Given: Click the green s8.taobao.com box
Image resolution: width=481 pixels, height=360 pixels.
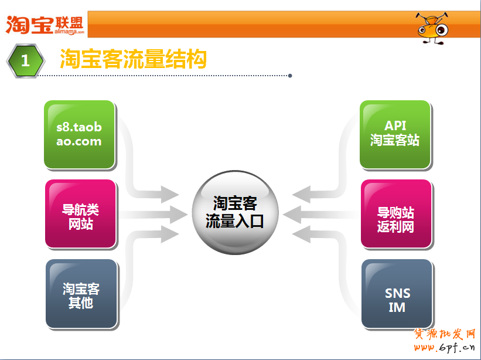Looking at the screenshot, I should [79, 134].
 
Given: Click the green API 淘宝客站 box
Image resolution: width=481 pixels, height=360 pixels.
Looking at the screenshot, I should [395, 134].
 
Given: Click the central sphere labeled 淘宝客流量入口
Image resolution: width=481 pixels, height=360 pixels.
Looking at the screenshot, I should [235, 212].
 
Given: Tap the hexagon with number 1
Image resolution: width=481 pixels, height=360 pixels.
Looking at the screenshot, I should [25, 60].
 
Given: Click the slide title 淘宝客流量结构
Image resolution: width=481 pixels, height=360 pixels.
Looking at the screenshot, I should [133, 59].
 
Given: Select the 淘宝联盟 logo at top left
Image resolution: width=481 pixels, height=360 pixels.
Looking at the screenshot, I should [46, 23].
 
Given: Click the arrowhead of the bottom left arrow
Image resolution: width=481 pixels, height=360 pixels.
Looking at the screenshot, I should [170, 235].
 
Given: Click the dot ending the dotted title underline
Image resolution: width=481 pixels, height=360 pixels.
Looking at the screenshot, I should [290, 76].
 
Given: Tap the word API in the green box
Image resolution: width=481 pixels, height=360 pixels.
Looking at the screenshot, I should [395, 125].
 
